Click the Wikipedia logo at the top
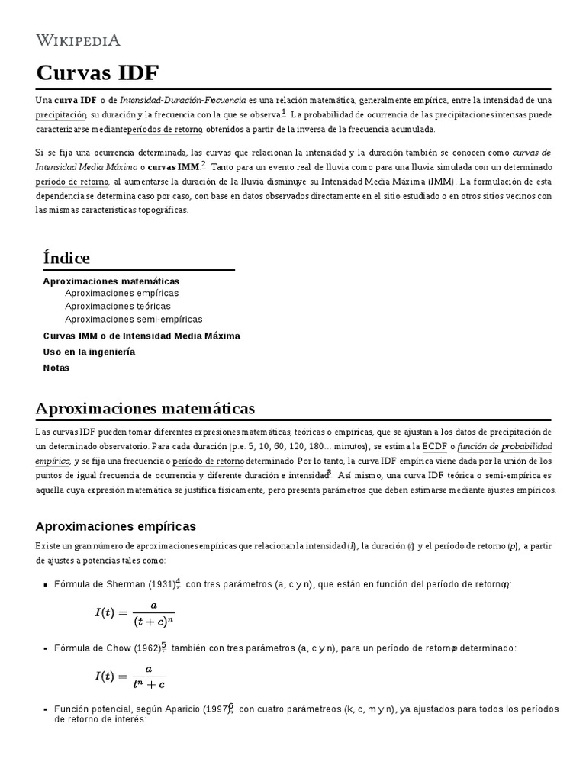coord(79,40)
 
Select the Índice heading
coord(66,258)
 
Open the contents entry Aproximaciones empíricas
coord(122,293)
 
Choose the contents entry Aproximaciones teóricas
coord(118,306)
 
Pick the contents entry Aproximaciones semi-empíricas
coord(134,319)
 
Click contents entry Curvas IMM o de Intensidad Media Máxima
coord(141,336)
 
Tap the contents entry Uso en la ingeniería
coord(89,352)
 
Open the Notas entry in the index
coord(56,368)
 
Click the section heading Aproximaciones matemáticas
coord(145,408)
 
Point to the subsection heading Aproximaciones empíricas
coord(116,526)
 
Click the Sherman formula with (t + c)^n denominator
coord(134,612)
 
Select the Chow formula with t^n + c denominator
coord(130,677)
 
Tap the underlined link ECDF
coord(434,446)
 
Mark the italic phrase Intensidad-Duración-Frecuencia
coord(183,100)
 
